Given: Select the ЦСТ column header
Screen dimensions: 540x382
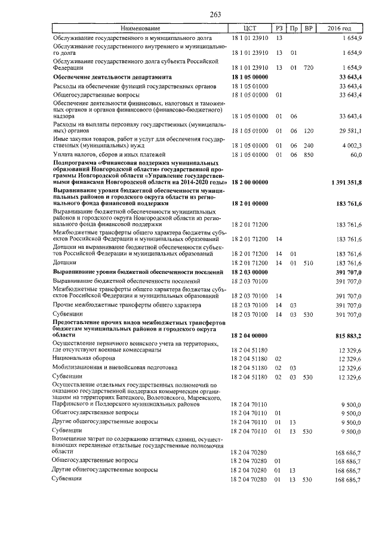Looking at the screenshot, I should tap(250, 29).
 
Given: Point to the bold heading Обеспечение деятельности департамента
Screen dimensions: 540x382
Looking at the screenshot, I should tap(112, 77).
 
